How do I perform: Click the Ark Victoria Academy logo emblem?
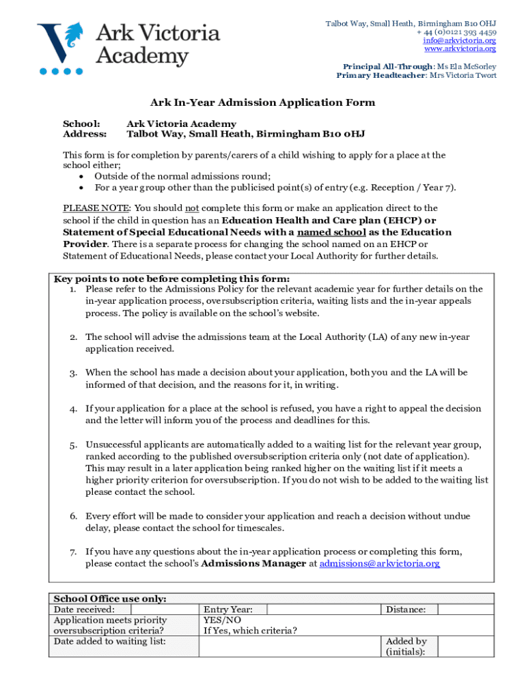61,45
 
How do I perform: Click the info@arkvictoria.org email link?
459,40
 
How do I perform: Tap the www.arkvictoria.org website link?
460,48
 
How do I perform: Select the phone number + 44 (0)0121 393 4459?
456,32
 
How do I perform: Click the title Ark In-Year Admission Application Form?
263,102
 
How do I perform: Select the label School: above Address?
81,124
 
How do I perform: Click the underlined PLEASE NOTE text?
96,208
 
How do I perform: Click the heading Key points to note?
171,279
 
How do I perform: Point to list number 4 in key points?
72,409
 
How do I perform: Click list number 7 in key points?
72,552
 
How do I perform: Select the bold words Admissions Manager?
253,563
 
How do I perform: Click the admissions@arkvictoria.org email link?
380,563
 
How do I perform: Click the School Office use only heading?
110,599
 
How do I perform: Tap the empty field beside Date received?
164,609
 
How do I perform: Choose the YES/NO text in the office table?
222,620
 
